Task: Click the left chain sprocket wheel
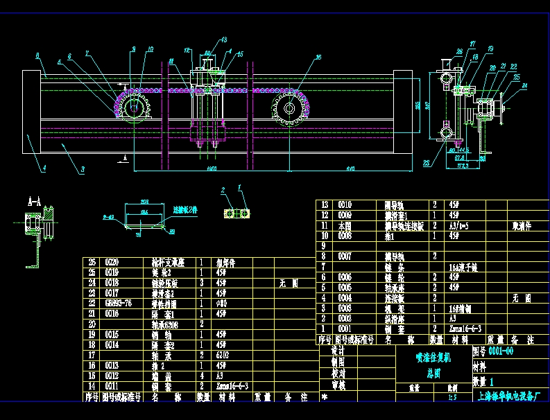pyautogui.click(x=132, y=107)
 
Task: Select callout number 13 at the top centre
pyautogui.click(x=223, y=40)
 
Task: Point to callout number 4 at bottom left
pyautogui.click(x=43, y=168)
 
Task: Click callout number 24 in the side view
pyautogui.click(x=525, y=85)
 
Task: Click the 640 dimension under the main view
pyautogui.click(x=350, y=168)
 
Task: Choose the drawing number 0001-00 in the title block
pyautogui.click(x=501, y=351)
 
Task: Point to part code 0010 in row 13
pyautogui.click(x=345, y=204)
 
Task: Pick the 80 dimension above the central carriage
pyautogui.click(x=207, y=53)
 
